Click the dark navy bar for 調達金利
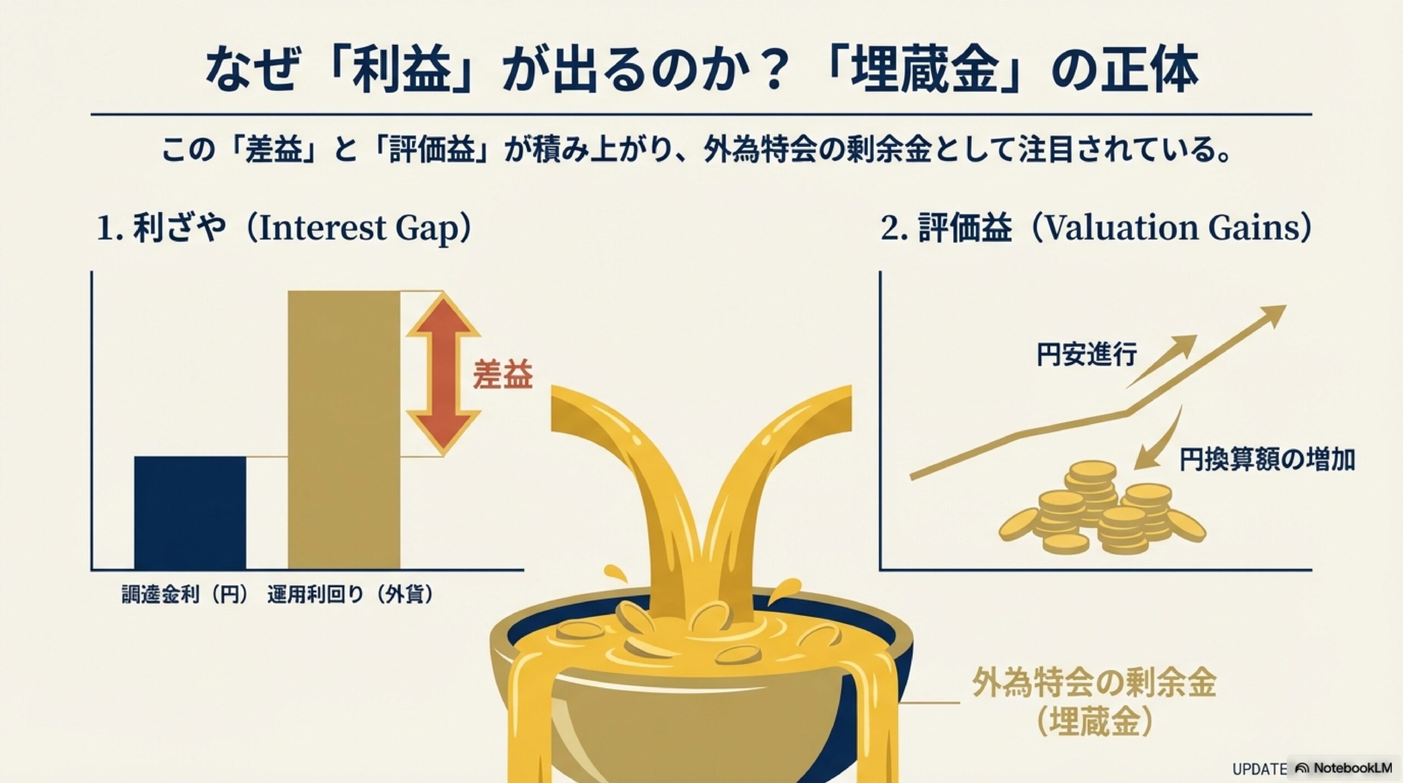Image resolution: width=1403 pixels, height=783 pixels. [190, 512]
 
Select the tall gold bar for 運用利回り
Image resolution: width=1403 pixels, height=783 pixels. [344, 430]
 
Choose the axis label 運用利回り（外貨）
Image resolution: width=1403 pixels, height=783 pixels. [350, 595]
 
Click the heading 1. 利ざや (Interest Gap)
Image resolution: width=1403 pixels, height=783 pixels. [284, 228]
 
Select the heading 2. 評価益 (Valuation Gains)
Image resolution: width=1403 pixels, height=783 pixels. [1096, 228]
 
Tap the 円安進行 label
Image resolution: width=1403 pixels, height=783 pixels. [1086, 355]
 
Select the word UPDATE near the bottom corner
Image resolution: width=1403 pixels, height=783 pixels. [1258, 769]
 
